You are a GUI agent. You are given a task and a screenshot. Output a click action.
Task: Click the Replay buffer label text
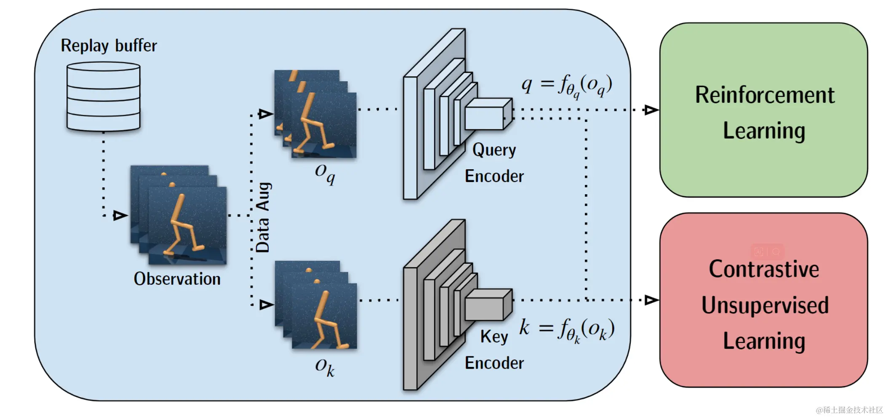(x=109, y=45)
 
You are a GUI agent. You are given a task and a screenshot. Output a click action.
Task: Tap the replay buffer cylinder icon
(x=103, y=97)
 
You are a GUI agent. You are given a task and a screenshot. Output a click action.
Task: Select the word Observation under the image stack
(x=177, y=279)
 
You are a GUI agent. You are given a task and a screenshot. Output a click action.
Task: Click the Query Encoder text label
(x=494, y=163)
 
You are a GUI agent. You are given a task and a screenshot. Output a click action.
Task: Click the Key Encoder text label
(x=494, y=350)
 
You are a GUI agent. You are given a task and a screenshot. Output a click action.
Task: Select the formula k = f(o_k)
(x=566, y=329)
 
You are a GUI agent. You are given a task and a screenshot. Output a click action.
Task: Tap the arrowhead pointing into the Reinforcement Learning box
(x=651, y=110)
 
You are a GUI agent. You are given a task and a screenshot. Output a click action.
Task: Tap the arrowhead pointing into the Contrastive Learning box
(x=651, y=300)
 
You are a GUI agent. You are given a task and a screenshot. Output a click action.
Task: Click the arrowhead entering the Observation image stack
(x=120, y=216)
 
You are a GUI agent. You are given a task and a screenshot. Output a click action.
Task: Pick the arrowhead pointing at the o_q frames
(x=265, y=114)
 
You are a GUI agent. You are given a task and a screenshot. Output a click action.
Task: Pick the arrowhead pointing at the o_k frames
(x=266, y=305)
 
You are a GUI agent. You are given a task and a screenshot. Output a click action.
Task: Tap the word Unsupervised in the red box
(x=765, y=305)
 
